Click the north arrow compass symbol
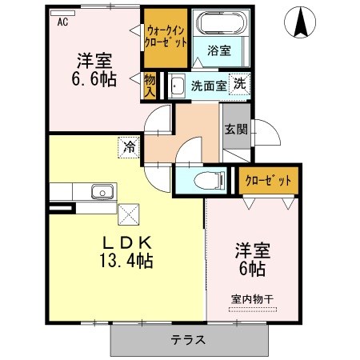[300, 22]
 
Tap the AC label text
[62, 22]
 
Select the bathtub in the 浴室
[221, 22]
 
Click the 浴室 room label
[219, 50]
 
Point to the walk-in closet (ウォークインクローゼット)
[166, 38]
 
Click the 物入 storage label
[150, 86]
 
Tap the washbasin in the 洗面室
[177, 86]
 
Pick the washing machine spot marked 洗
[239, 84]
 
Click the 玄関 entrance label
[236, 130]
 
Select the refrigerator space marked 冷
[129, 147]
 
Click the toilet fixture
[210, 180]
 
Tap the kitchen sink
[102, 192]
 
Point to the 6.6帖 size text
[94, 78]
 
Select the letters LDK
[127, 242]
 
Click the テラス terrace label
[188, 340]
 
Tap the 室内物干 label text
[252, 299]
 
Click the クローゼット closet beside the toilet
[268, 181]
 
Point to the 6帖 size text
[252, 269]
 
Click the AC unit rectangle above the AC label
[62, 13]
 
